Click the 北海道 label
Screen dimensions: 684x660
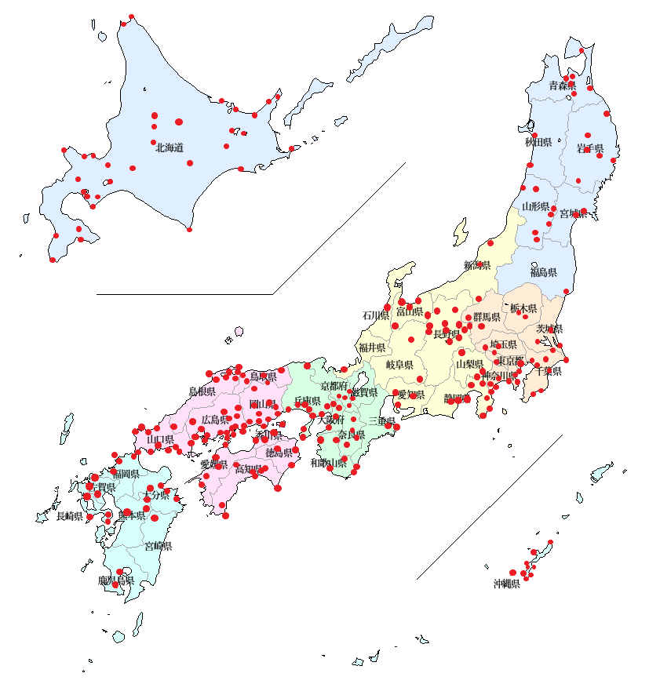point(170,147)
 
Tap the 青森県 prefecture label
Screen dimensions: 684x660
point(562,85)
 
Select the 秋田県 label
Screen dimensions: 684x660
point(538,143)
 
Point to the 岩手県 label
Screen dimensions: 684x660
point(589,148)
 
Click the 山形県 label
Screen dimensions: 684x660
point(536,207)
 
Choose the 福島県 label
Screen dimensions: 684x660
point(543,273)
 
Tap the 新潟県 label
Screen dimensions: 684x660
point(477,265)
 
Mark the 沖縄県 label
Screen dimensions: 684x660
point(506,584)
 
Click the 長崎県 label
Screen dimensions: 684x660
point(69,516)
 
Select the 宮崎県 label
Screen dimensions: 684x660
point(158,546)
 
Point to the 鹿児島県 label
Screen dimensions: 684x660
point(116,581)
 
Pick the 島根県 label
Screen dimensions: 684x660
point(202,391)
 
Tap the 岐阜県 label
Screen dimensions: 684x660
point(399,365)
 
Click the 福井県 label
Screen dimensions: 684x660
point(372,347)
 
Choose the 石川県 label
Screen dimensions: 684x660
point(375,315)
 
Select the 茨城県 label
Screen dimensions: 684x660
point(549,329)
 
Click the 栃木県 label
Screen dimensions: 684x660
point(523,309)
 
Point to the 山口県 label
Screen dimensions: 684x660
point(160,439)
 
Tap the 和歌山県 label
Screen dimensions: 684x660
point(328,464)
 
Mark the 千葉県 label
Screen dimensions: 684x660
point(549,371)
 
